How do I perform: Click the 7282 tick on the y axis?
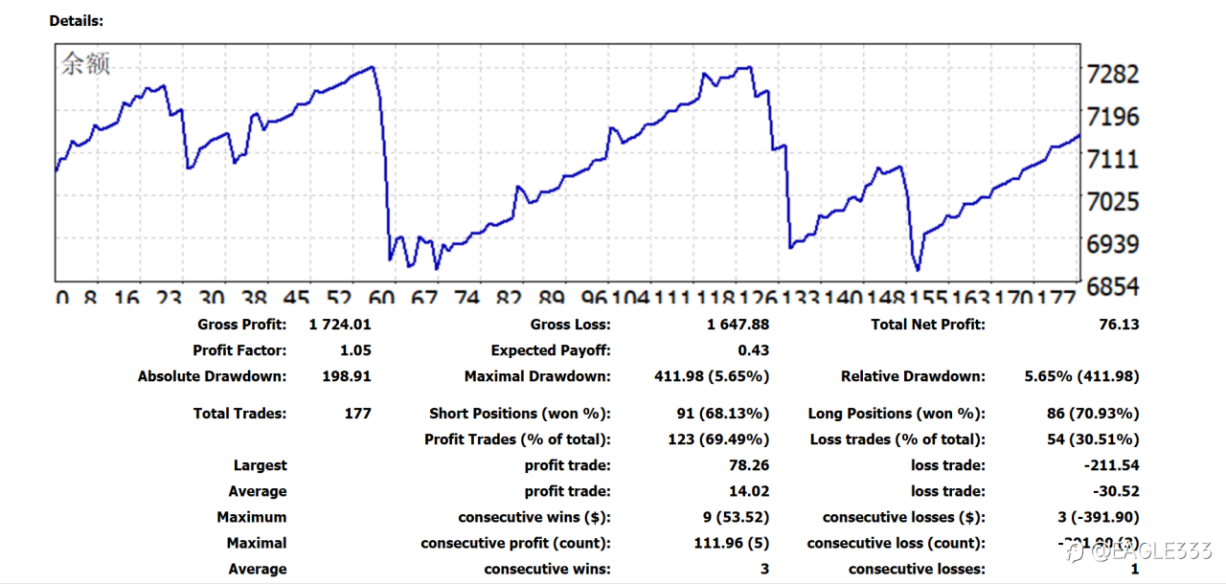(1113, 75)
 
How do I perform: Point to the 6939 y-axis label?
(1113, 244)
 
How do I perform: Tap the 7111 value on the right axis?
(1113, 159)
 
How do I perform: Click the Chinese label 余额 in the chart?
(86, 64)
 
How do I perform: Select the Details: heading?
(77, 20)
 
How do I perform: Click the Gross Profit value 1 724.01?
(340, 325)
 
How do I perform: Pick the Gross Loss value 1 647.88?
(738, 325)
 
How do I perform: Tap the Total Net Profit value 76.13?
(1119, 325)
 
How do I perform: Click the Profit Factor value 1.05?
(355, 350)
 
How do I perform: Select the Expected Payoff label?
(551, 350)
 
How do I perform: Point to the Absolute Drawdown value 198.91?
(347, 376)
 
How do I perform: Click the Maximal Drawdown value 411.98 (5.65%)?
(712, 376)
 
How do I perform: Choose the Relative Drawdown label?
(913, 376)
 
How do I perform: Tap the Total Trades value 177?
(357, 414)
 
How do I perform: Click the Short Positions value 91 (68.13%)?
(722, 414)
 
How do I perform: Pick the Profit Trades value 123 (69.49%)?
(718, 439)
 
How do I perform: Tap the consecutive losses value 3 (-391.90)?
(1092, 517)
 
